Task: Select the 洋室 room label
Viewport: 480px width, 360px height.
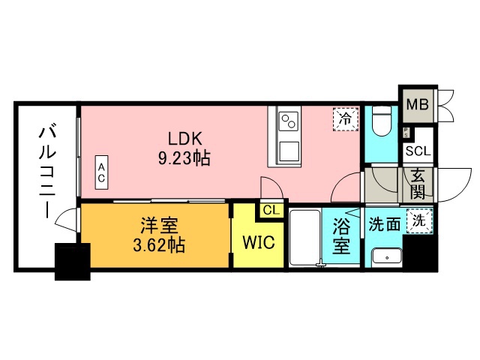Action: (156, 225)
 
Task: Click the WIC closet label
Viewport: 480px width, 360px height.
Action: (257, 243)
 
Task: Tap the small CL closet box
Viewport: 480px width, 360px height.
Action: (271, 211)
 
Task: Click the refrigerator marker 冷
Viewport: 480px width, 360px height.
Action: (345, 118)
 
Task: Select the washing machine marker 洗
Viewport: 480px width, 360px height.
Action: (418, 221)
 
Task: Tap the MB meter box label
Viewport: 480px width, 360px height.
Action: (417, 104)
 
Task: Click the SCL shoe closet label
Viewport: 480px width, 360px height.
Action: (418, 151)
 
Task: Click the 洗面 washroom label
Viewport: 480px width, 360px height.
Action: (383, 224)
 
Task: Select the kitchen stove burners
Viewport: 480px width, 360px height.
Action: (289, 119)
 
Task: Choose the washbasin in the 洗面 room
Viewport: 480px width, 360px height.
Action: (387, 255)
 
